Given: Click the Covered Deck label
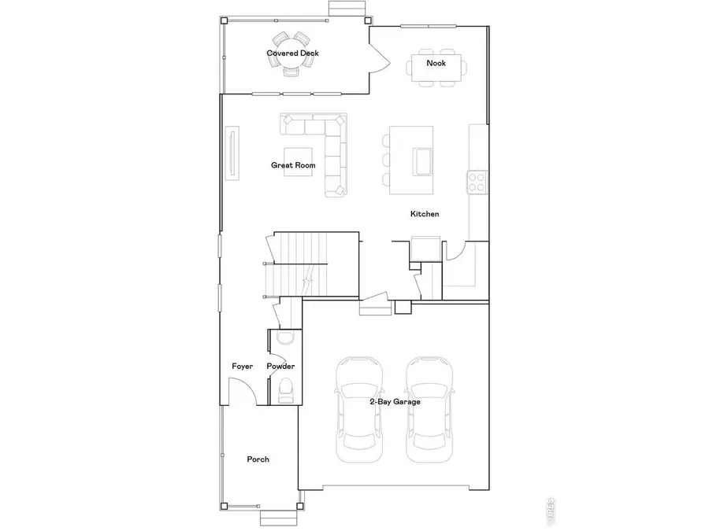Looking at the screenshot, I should click(292, 53).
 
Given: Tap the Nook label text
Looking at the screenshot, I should click(436, 63).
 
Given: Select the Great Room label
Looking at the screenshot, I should click(293, 165).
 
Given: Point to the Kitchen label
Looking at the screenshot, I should click(425, 214).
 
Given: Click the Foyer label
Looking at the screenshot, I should click(242, 367).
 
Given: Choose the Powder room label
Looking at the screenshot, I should click(280, 367).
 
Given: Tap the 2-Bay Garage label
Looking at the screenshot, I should click(395, 401).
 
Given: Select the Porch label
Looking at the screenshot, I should click(258, 459).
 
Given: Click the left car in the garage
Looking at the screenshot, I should click(359, 409).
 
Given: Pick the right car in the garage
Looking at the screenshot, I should click(430, 409).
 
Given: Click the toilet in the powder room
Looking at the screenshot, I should click(285, 389).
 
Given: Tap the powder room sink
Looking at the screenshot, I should click(285, 338).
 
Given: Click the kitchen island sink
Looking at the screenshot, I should click(421, 161).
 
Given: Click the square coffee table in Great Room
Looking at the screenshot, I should click(298, 162).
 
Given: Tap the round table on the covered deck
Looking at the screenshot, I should click(291, 53).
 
